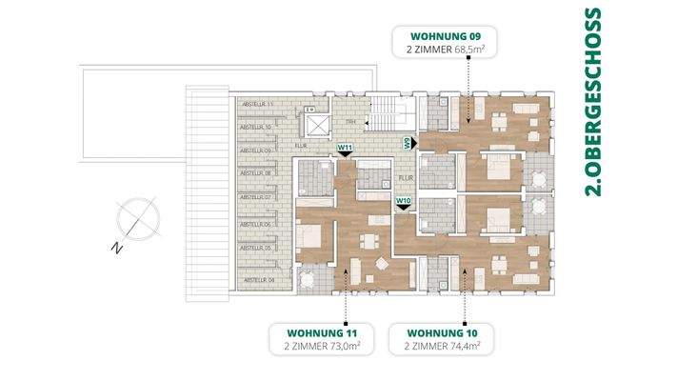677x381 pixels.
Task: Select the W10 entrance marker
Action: pos(403,202)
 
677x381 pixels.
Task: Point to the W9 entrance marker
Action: pos(407,143)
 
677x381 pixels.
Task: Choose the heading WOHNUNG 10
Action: pos(435,332)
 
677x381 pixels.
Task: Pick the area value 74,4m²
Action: pos(460,349)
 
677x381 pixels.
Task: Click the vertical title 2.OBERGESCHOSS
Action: pos(592,102)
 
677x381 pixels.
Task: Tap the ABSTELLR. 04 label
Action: pos(258,280)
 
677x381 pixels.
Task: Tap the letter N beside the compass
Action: pos(114,249)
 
